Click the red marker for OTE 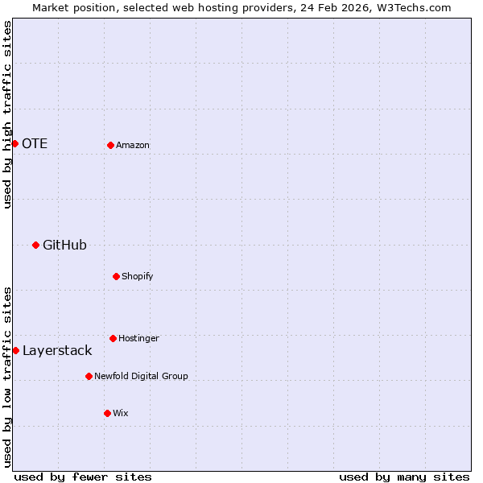click(x=14, y=143)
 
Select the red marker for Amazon click(x=110, y=145)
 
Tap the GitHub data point click(x=35, y=245)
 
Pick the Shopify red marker click(x=116, y=276)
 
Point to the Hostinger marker click(x=113, y=338)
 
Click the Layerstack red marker click(x=15, y=350)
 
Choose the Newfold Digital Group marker click(x=89, y=376)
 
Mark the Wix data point click(x=107, y=413)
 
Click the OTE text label click(x=35, y=144)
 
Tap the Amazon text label click(x=133, y=146)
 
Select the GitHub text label click(x=64, y=246)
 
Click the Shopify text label click(x=138, y=277)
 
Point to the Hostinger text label click(x=138, y=339)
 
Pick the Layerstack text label click(x=57, y=351)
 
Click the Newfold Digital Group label click(x=141, y=377)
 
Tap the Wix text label click(x=121, y=414)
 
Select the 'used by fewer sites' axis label click(x=83, y=477)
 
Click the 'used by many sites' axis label click(x=404, y=477)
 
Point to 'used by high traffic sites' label click(x=7, y=114)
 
